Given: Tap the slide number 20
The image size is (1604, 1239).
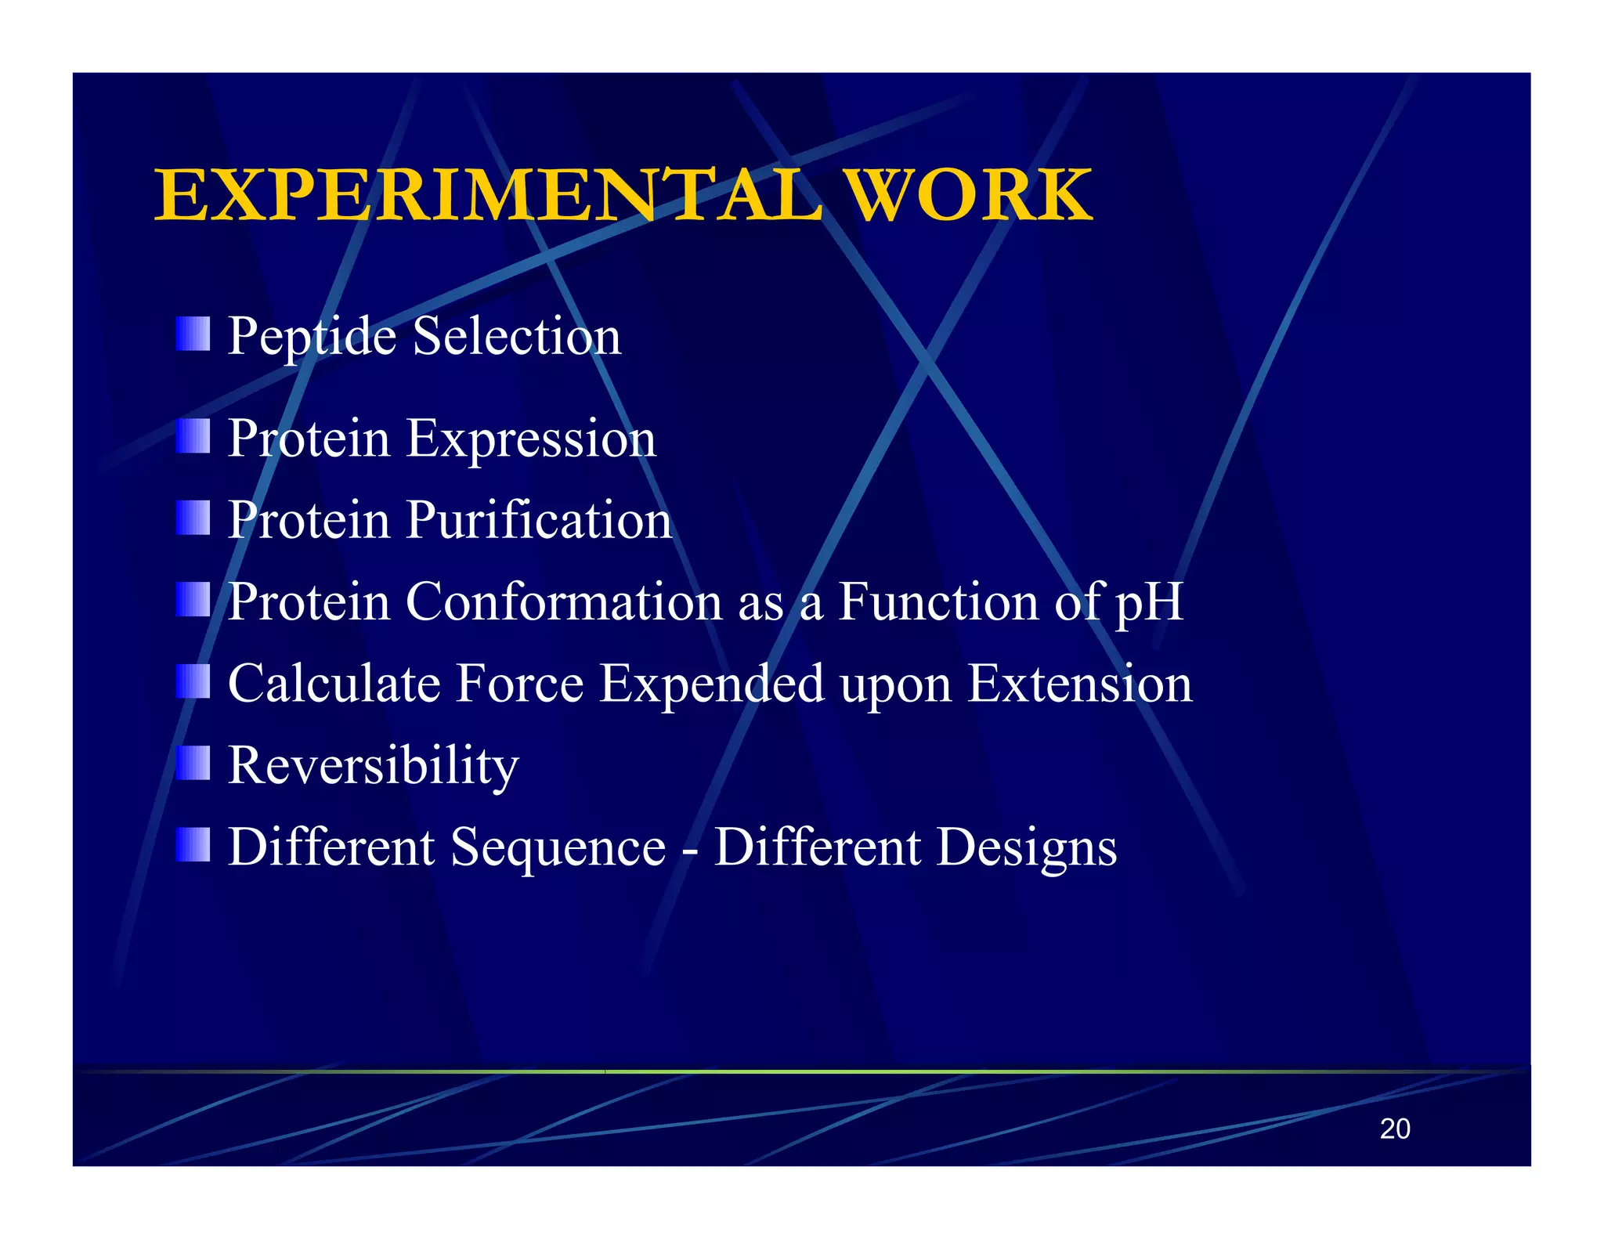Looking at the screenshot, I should (x=1394, y=1129).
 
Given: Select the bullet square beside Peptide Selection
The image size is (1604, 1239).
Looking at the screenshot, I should (x=193, y=334).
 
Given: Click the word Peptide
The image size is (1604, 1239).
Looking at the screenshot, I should (x=312, y=337).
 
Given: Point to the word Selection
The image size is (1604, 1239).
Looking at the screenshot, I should (x=517, y=337).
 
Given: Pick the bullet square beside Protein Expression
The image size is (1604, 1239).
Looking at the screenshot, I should (x=193, y=436).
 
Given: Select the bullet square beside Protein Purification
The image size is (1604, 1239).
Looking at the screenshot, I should (x=193, y=518).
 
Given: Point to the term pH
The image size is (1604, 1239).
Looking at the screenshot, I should (x=1149, y=603).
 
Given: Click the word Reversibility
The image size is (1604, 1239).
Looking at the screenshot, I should (x=374, y=766).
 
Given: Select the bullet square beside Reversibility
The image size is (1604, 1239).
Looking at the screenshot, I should (x=193, y=763).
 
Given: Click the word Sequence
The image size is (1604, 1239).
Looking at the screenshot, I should (x=558, y=849).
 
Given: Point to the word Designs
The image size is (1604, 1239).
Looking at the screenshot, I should (x=1027, y=849).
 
